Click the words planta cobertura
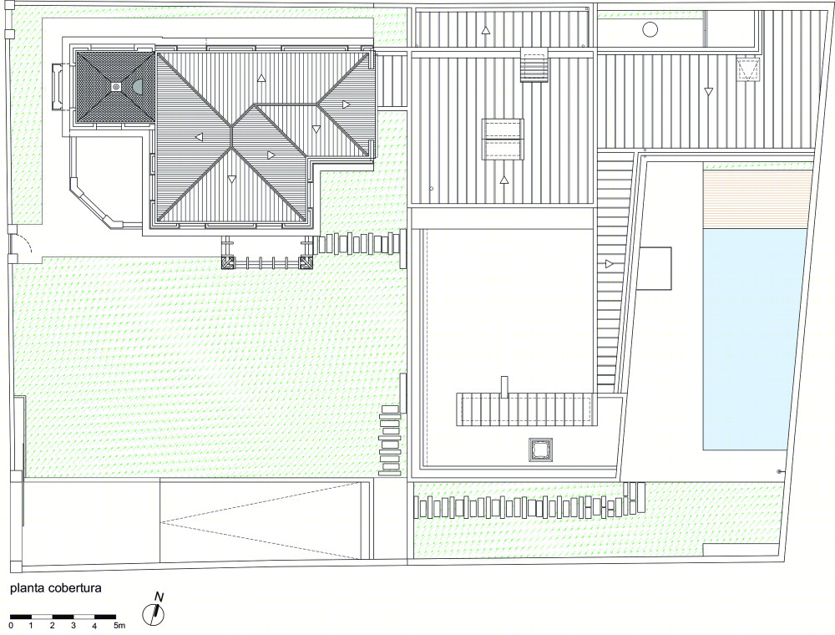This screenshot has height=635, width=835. click(56, 588)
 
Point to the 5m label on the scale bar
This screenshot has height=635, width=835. click(119, 626)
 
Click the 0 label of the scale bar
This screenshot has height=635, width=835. click(11, 626)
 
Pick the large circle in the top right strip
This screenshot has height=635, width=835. click(650, 29)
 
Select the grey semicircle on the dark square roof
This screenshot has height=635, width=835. click(138, 86)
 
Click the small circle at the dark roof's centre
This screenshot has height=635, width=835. click(115, 86)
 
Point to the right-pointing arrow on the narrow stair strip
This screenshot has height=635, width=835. click(610, 264)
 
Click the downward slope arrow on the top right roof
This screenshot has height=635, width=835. click(708, 92)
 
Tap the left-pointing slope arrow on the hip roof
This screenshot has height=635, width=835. click(200, 137)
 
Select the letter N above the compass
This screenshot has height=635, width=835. click(158, 597)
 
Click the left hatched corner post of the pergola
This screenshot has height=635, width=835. click(228, 262)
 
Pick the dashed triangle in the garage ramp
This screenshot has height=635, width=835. click(260, 521)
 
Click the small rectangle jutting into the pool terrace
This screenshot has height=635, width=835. click(655, 268)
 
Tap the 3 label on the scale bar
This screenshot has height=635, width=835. click(73, 626)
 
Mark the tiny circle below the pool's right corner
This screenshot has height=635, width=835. click(780, 471)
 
